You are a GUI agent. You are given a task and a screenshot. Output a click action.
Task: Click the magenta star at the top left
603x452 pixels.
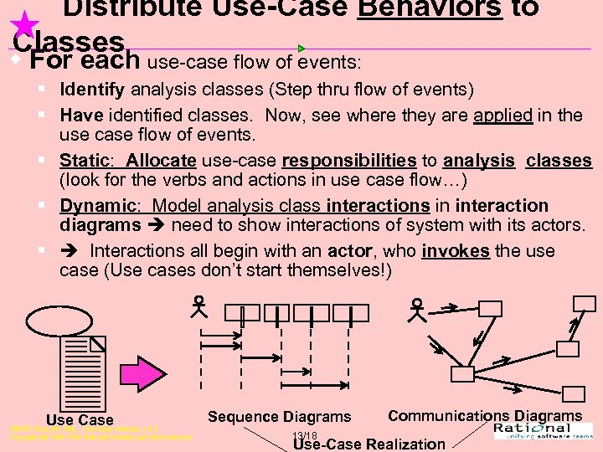[26, 23]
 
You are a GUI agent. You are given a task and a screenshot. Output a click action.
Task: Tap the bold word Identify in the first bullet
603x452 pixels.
[92, 90]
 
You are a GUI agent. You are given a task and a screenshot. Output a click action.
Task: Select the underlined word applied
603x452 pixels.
[502, 115]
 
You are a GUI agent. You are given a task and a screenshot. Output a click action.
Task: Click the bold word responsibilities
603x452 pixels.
[349, 160]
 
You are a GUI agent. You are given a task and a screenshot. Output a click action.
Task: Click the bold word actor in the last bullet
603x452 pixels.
[350, 251]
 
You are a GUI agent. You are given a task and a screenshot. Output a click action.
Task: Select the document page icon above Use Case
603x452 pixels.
[83, 372]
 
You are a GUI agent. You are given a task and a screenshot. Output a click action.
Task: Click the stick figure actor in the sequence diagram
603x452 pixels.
[198, 308]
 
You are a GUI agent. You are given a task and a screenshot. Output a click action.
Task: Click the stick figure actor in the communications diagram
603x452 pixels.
[416, 310]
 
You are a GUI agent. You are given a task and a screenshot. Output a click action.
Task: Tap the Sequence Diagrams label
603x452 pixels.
[279, 416]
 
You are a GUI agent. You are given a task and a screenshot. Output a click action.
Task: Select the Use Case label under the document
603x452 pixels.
[80, 419]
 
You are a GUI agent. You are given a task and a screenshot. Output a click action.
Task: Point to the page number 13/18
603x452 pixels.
[305, 435]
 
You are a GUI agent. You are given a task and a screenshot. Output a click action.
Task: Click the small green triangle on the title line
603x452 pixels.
[301, 49]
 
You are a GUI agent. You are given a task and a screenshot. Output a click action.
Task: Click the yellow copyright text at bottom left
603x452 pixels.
[100, 433]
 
